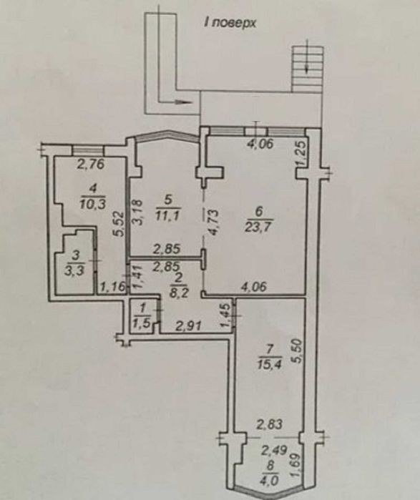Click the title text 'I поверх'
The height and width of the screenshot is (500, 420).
pos(230,24)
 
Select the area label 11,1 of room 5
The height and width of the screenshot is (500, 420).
pos(168,217)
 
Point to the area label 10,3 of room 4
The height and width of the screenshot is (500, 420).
pos(92,203)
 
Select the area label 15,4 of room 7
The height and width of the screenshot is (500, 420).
pos(269,364)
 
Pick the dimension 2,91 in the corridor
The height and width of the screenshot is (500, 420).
pos(187,326)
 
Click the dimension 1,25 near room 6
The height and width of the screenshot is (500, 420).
pos(301,154)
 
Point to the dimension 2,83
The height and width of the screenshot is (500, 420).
pos(269,424)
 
